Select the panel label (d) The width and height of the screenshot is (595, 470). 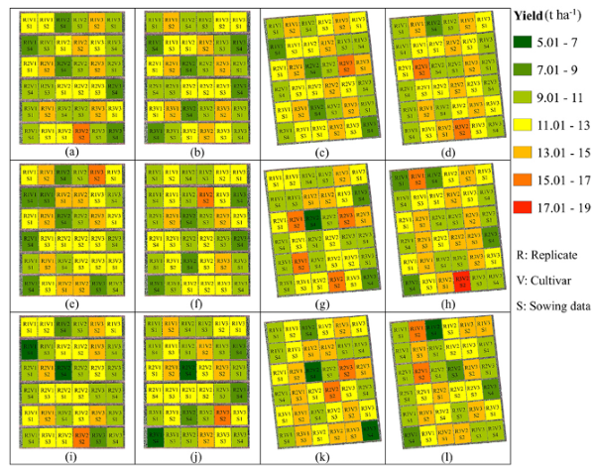pyautogui.click(x=443, y=153)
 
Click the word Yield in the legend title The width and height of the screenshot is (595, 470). pyautogui.click(x=525, y=14)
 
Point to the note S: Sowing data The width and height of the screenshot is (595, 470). pyautogui.click(x=552, y=306)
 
